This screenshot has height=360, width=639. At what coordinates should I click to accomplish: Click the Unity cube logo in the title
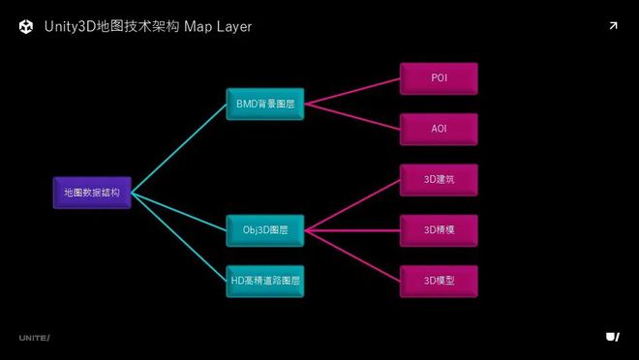coord(26,27)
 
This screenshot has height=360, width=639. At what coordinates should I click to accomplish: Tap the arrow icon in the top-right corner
coord(613,26)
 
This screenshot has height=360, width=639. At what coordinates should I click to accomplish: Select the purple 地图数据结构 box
coord(92,193)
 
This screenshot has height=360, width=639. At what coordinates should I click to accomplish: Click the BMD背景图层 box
coord(264,104)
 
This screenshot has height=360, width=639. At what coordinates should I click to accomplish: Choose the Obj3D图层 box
coord(264,230)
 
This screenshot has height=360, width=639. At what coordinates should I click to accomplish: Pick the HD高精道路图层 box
coord(264,281)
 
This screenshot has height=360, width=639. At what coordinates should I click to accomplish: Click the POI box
coord(439,78)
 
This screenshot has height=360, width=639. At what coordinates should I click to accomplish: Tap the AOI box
coord(439,129)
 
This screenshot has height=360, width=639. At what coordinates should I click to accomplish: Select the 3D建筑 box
coord(439,180)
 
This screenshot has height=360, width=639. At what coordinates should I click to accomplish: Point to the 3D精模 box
coord(439,230)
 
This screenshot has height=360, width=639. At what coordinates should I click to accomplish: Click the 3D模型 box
coord(439,281)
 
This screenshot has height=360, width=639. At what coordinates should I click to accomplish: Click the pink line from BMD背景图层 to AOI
coord(351,116)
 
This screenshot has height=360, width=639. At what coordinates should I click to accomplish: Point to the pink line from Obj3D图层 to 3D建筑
coord(351,205)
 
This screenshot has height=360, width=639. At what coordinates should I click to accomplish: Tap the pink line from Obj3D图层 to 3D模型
coord(351,255)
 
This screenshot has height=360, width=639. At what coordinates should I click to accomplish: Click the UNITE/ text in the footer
coord(34,337)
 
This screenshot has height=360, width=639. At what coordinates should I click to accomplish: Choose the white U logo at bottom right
coord(612,336)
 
